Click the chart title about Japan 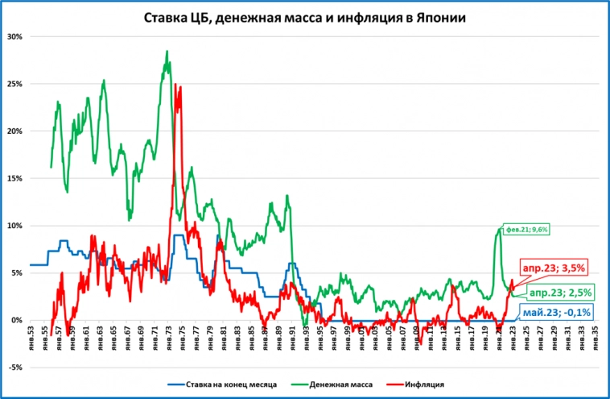tap(305, 17)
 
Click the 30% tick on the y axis tap(14, 36)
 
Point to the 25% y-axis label tap(14, 84)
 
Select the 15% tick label tap(14, 178)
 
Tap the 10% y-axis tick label tap(14, 226)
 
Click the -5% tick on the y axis tap(14, 368)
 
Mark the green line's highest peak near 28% tap(167, 52)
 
